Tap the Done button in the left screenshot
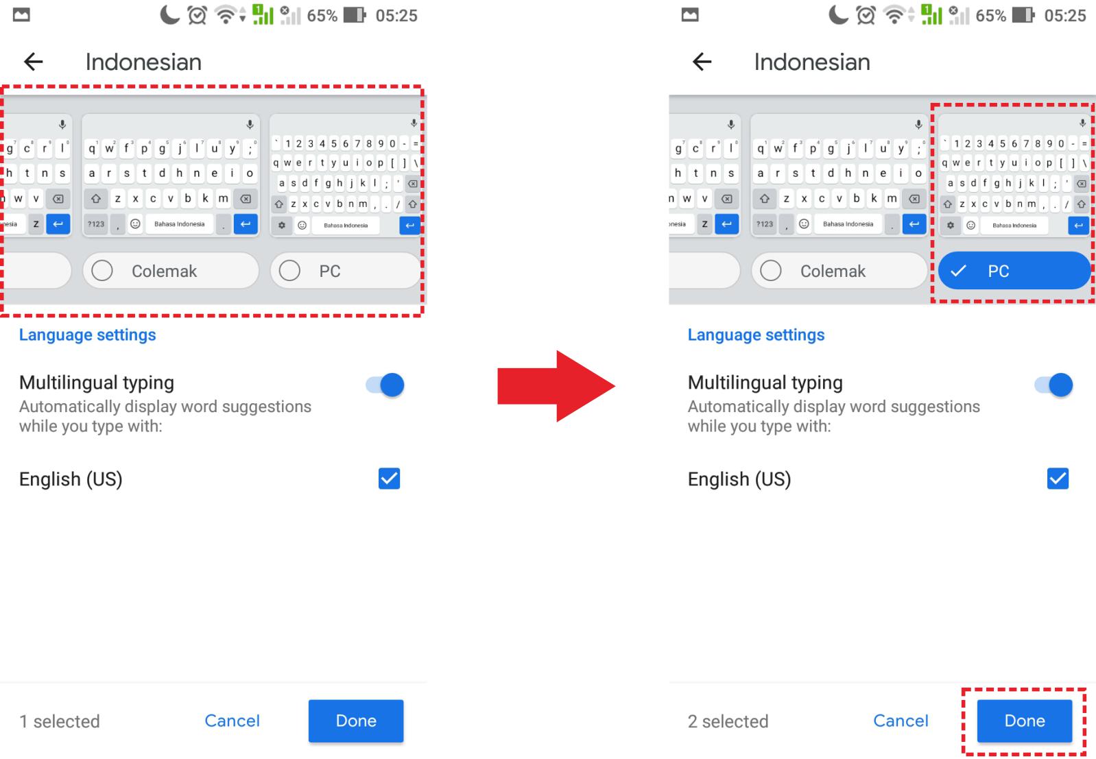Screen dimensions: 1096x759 click(x=356, y=721)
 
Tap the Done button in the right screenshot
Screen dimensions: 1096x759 click(x=1025, y=721)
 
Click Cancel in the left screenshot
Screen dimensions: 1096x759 click(x=232, y=721)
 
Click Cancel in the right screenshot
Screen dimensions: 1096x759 click(x=901, y=721)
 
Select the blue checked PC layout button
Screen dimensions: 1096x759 click(x=1014, y=270)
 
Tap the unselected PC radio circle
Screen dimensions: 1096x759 click(x=289, y=270)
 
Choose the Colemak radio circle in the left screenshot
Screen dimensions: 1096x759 click(x=102, y=270)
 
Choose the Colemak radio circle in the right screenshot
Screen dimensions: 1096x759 click(x=771, y=270)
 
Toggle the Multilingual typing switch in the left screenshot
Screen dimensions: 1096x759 click(x=385, y=385)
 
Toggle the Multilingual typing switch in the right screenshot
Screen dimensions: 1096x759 click(x=1053, y=385)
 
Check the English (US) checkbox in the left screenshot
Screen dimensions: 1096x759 click(x=389, y=479)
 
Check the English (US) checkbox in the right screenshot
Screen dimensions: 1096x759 click(x=1058, y=479)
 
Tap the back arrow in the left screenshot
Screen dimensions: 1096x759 click(x=34, y=62)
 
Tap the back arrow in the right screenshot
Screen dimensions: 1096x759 click(x=702, y=62)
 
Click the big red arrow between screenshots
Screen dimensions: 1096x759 click(x=556, y=386)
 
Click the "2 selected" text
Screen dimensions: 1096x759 click(x=728, y=721)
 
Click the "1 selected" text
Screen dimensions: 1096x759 click(x=59, y=721)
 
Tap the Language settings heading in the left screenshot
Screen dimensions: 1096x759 click(x=88, y=335)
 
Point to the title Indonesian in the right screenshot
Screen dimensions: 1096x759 click(x=812, y=62)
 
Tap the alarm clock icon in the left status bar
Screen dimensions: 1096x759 click(x=197, y=15)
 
